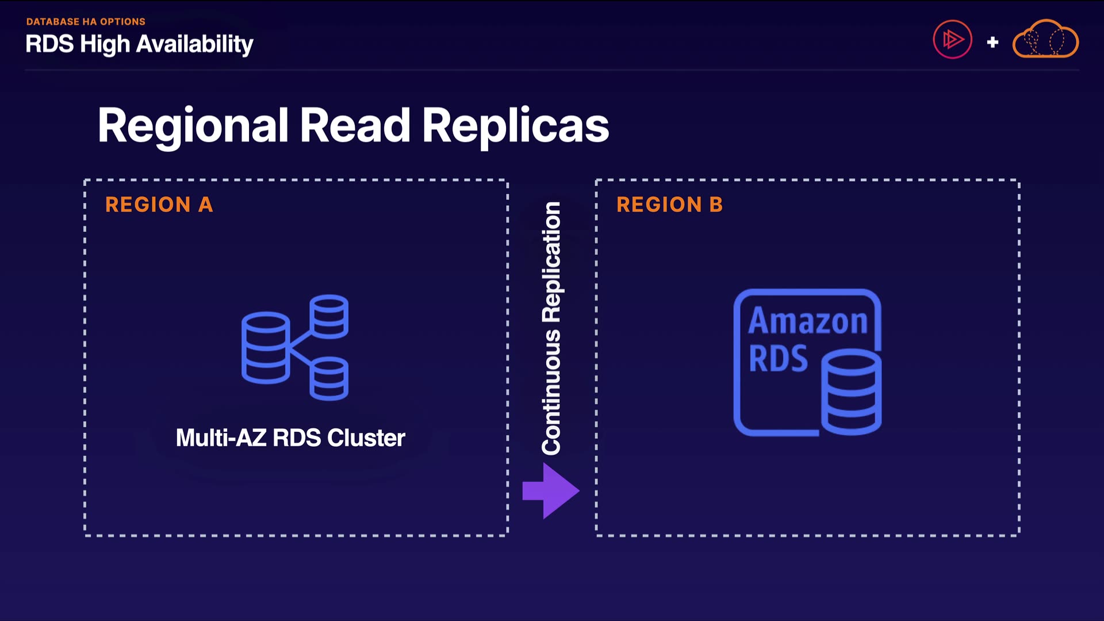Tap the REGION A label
pyautogui.click(x=159, y=205)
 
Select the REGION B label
pyautogui.click(x=670, y=205)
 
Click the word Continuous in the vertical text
pyautogui.click(x=551, y=392)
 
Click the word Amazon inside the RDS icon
pyautogui.click(x=808, y=321)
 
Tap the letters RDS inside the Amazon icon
pyautogui.click(x=778, y=359)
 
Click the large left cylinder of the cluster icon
pyautogui.click(x=266, y=347)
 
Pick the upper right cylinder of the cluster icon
pyautogui.click(x=329, y=316)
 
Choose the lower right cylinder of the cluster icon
pyautogui.click(x=329, y=378)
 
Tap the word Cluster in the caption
pyautogui.click(x=366, y=438)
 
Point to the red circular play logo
pyautogui.click(x=952, y=39)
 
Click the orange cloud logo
pyautogui.click(x=1045, y=39)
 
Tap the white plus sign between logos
pyautogui.click(x=992, y=42)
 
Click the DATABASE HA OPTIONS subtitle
pyautogui.click(x=86, y=22)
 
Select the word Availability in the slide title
pyautogui.click(x=195, y=45)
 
